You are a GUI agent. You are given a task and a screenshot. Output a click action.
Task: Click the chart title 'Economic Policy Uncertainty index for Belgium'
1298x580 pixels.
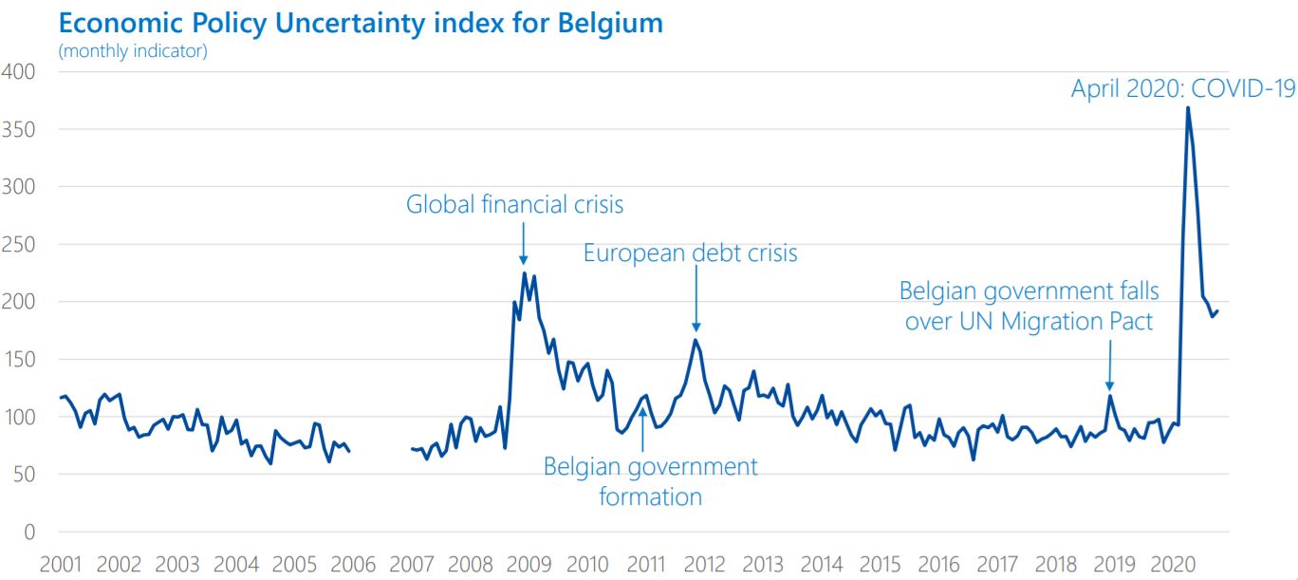tap(361, 24)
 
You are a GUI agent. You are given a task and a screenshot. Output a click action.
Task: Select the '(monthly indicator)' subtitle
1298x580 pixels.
tap(133, 51)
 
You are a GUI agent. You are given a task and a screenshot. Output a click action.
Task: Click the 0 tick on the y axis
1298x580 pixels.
tap(29, 532)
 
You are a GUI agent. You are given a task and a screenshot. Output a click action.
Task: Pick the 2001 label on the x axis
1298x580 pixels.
tap(60, 564)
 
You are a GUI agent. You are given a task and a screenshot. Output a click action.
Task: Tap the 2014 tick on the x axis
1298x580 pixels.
tap(822, 564)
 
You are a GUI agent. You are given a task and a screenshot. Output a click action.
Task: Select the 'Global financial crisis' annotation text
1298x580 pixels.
tap(515, 204)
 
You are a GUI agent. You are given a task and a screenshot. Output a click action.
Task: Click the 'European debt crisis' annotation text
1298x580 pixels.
tap(691, 253)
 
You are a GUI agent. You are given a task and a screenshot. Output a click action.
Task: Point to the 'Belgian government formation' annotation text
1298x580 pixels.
tap(651, 481)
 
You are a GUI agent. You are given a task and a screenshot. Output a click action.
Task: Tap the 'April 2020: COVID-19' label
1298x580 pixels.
tap(1183, 89)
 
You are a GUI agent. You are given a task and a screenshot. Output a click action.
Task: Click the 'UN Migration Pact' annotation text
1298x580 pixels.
tap(1029, 322)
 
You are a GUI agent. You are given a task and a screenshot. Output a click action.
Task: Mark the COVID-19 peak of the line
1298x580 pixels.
tap(1187, 107)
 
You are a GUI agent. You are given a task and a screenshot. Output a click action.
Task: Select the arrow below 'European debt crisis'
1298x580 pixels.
tap(696, 299)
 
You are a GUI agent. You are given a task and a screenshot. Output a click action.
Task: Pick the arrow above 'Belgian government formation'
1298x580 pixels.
tap(643, 427)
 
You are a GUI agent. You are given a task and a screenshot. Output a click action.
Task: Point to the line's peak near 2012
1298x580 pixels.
tap(695, 340)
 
